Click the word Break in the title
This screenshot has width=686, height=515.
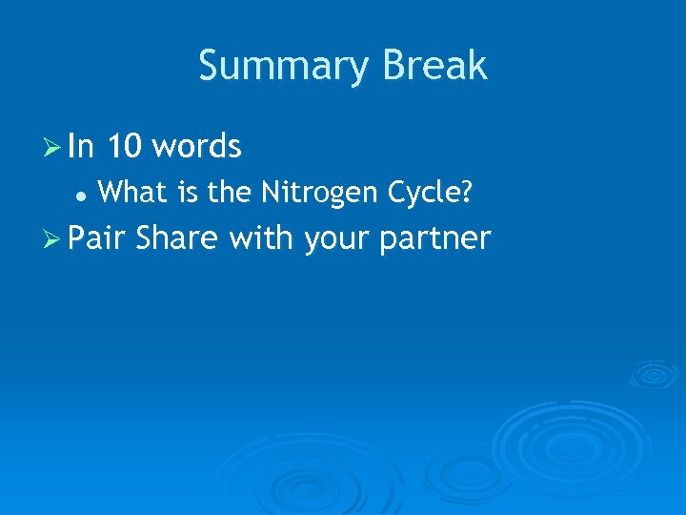(x=434, y=66)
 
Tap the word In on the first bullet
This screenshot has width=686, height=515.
(x=82, y=147)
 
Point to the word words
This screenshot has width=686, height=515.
(x=196, y=147)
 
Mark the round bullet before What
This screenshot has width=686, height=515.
(x=82, y=195)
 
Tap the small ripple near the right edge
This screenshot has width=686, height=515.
(x=654, y=374)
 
